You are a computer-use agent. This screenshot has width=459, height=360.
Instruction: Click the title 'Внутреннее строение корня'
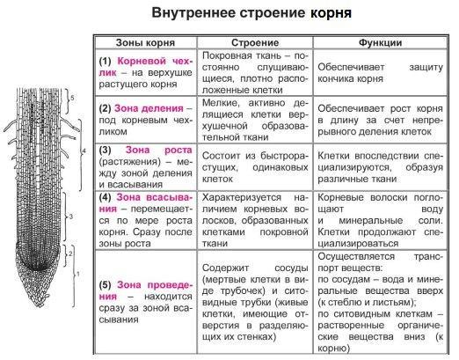coord(251,13)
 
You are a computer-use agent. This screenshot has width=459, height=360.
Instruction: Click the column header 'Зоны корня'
coord(145,42)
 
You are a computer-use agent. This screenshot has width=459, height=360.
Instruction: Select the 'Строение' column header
coord(255,42)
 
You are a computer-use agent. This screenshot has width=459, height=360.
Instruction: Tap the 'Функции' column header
coord(380,42)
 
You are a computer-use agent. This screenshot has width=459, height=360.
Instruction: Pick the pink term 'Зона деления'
coord(149,108)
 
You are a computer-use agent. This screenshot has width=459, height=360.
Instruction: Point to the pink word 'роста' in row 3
coord(178,150)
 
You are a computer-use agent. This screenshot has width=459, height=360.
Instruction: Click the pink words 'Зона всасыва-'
coord(155,197)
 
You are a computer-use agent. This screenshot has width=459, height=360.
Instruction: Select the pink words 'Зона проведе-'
coord(155,285)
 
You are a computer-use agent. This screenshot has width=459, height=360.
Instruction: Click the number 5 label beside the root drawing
coord(72,98)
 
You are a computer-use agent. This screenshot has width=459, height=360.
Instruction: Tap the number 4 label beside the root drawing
coord(84,151)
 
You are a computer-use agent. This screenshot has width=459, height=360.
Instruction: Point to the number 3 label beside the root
coord(70,217)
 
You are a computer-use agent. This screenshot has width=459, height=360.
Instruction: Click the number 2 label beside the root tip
coord(70,253)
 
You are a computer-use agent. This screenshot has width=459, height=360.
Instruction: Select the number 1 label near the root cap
coord(78,275)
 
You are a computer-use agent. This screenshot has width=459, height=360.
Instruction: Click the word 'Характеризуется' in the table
coord(242,197)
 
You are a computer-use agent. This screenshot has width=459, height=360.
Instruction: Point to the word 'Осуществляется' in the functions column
coord(356,256)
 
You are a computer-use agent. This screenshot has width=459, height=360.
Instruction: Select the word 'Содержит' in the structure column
coord(225,268)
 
